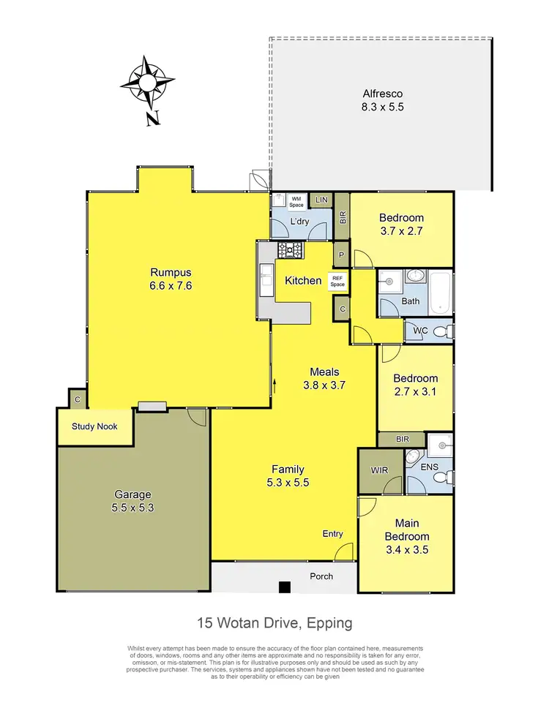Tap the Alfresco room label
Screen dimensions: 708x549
383,94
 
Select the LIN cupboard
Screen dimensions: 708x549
321,200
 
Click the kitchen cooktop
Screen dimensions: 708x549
291,250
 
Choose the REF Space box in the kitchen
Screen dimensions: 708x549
337,281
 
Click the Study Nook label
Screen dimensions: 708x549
94,427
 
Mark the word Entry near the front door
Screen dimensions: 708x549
332,534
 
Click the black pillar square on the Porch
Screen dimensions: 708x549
285,586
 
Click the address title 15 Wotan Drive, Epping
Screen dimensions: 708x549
274,623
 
